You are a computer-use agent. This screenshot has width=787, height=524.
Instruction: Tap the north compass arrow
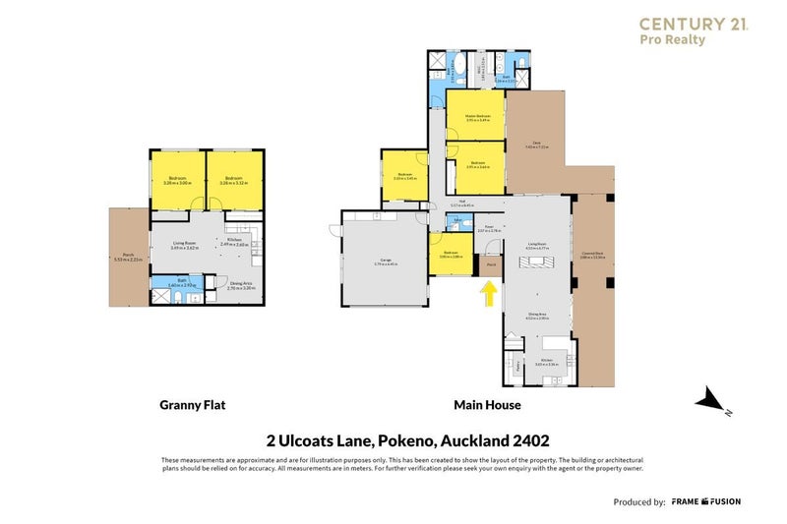pos(709,399)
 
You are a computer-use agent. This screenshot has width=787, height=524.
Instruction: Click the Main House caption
pos(487,404)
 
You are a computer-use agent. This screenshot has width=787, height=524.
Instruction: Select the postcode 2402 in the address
pos(527,441)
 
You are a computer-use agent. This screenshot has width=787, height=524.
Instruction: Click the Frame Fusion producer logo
pos(706,501)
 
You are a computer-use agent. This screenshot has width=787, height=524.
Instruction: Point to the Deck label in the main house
pos(537,145)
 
